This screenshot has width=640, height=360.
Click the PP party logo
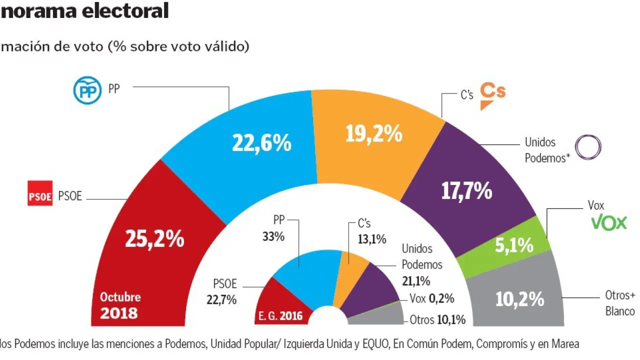[87, 90]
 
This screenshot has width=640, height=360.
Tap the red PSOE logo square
[40, 195]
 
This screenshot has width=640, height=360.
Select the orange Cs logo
[492, 95]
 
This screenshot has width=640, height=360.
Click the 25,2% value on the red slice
[154, 239]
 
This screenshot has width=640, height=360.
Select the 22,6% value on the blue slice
[261, 143]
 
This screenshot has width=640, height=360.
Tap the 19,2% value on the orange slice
[373, 133]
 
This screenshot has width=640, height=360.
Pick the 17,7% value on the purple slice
[466, 191]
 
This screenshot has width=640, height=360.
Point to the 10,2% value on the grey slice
[519, 298]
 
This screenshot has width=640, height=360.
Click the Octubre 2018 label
[120, 305]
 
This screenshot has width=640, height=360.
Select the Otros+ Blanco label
[619, 303]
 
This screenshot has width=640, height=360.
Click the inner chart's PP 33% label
[273, 228]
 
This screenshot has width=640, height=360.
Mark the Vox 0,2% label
[431, 298]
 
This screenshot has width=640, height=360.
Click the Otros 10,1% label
[437, 319]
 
